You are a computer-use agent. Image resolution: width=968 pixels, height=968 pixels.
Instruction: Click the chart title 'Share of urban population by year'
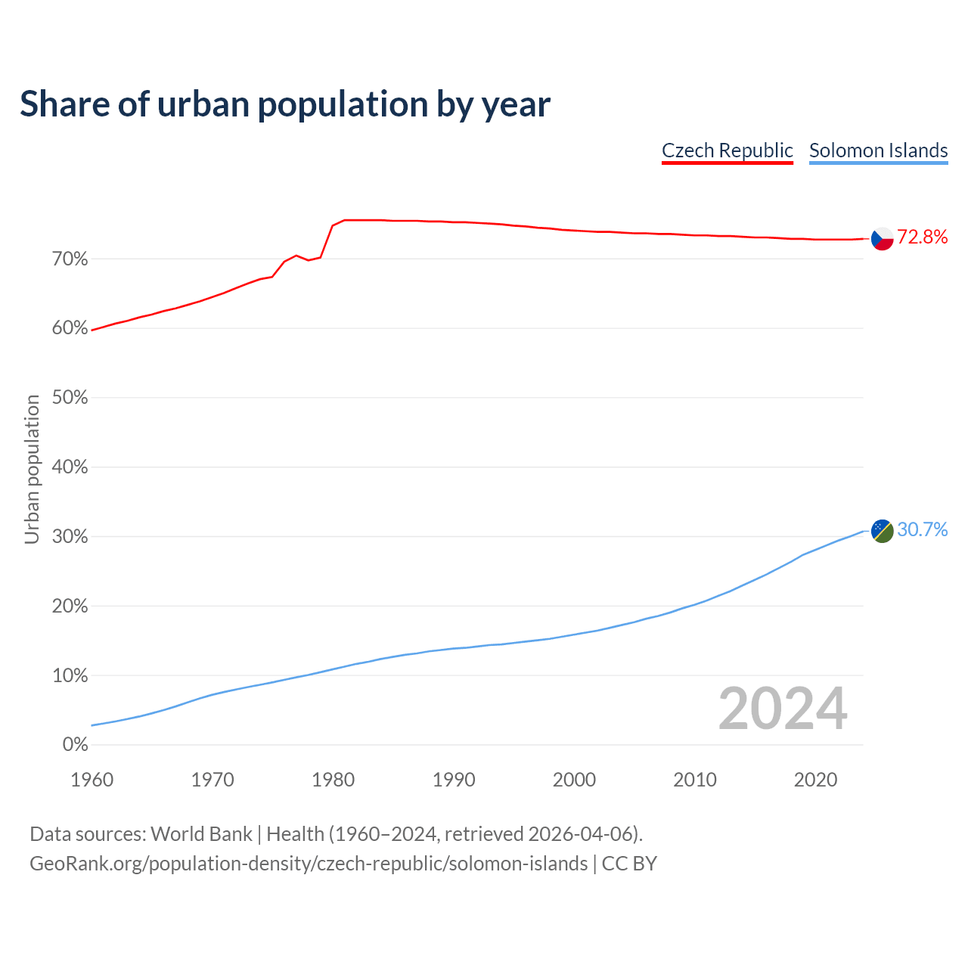tap(285, 104)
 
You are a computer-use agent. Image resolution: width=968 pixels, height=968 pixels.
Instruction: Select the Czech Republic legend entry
tap(727, 150)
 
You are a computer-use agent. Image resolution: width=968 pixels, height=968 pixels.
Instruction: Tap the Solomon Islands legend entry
tap(878, 150)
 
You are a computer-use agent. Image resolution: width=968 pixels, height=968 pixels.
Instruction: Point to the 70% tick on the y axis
tap(70, 259)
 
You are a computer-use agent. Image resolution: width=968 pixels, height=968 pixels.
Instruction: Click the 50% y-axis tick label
tap(70, 398)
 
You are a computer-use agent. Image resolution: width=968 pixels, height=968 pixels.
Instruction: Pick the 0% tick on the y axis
tap(76, 745)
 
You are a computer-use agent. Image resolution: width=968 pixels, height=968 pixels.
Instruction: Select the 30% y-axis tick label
tap(70, 537)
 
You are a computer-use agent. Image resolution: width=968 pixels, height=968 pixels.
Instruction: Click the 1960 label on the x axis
tap(92, 780)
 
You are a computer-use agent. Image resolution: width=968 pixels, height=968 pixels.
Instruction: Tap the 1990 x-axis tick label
tap(454, 780)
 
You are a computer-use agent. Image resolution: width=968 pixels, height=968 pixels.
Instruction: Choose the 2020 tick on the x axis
tap(815, 780)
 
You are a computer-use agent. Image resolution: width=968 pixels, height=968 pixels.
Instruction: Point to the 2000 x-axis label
tap(574, 780)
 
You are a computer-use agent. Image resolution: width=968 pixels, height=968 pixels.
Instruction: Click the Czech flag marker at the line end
tap(883, 238)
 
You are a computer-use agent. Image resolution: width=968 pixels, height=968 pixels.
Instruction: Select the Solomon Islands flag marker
tap(883, 531)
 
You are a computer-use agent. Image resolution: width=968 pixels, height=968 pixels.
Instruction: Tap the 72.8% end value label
tap(922, 237)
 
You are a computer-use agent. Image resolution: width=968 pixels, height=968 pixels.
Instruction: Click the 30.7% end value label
tap(922, 530)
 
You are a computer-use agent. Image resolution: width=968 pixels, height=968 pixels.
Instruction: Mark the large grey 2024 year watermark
tap(783, 709)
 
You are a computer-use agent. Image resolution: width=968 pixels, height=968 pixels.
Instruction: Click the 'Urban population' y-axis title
tap(32, 470)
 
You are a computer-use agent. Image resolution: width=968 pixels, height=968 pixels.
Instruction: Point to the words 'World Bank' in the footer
tap(201, 834)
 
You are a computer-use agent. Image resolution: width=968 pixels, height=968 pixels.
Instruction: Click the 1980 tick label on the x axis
tap(333, 780)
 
